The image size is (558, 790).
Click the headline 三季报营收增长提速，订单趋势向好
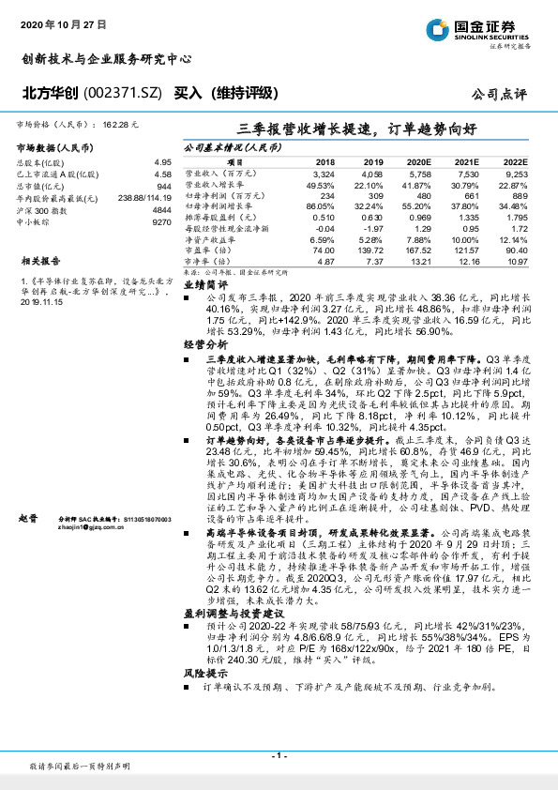[x=354, y=129]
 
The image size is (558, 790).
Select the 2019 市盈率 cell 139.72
[x=369, y=251]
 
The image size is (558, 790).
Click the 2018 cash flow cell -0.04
[x=324, y=227]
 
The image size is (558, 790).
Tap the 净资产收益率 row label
[x=207, y=239]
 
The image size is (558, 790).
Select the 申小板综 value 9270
[x=160, y=222]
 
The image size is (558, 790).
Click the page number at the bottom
[x=279, y=755]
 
